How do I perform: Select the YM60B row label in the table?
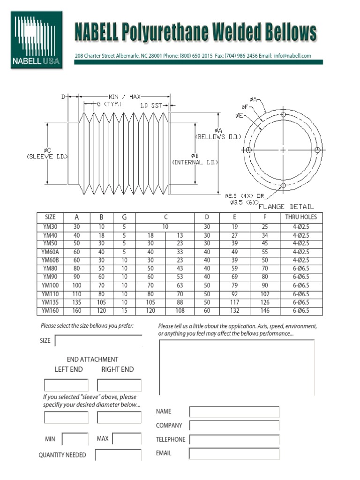pyautogui.click(x=50, y=260)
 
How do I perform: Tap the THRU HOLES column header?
pyautogui.click(x=300, y=217)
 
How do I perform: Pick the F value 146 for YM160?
pyautogui.click(x=265, y=311)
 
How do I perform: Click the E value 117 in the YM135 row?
pyautogui.click(x=234, y=302)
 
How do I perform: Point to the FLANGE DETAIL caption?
pyautogui.click(x=286, y=206)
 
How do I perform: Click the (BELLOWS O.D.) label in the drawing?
pyautogui.click(x=218, y=137)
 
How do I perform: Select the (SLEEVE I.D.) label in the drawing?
pyautogui.click(x=47, y=156)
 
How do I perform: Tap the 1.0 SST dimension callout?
pyautogui.click(x=150, y=105)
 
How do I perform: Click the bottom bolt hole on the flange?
pyautogui.click(x=283, y=186)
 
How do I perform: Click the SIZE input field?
pyautogui.click(x=98, y=341)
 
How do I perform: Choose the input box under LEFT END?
pyautogui.click(x=66, y=385)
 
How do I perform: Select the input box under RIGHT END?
pyautogui.click(x=119, y=385)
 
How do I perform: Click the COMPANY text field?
pyautogui.click(x=234, y=426)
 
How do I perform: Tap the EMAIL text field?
pyautogui.click(x=234, y=454)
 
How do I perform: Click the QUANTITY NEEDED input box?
pyautogui.click(x=118, y=455)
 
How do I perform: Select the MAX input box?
pyautogui.click(x=127, y=439)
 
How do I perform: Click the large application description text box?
pyautogui.click(x=237, y=368)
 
